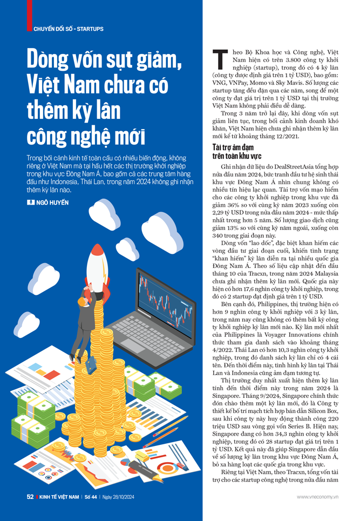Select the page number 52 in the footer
(x=31, y=496)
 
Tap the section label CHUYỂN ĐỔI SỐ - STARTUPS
(x=69, y=29)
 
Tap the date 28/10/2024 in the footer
(x=126, y=496)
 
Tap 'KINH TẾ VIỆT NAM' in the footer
(x=59, y=496)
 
